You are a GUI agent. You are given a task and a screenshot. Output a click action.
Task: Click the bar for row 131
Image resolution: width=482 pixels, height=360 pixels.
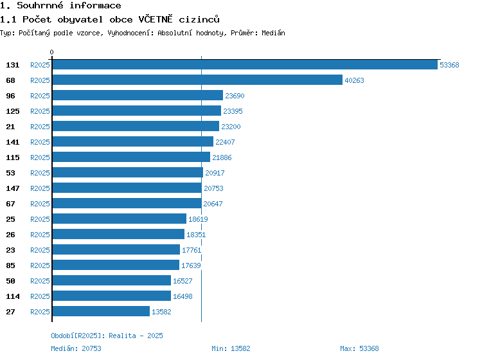pyautogui.click(x=245, y=64)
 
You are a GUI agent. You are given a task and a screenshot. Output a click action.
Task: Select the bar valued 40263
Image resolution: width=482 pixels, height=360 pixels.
pyautogui.click(x=197, y=80)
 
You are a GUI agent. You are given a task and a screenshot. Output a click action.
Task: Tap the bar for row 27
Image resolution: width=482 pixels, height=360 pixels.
pyautogui.click(x=101, y=311)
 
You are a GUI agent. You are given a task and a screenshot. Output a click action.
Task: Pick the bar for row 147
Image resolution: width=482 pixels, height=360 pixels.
pyautogui.click(x=127, y=188)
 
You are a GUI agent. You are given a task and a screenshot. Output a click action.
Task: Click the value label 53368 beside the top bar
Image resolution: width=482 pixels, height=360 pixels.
pyautogui.click(x=449, y=65)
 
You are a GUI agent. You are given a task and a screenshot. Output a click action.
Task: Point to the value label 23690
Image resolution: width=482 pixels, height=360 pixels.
pyautogui.click(x=235, y=96)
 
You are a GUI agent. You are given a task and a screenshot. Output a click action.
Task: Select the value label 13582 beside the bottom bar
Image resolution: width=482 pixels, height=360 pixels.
pyautogui.click(x=161, y=312)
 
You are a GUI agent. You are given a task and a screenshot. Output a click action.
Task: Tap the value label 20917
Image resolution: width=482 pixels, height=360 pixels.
pyautogui.click(x=215, y=173)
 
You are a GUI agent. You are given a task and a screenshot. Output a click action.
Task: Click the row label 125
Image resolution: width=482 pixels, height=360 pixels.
pyautogui.click(x=13, y=111)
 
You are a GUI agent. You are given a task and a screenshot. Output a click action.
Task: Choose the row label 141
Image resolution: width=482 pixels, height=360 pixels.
pyautogui.click(x=13, y=142)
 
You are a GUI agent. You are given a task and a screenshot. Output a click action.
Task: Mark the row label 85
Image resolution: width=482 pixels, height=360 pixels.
pyautogui.click(x=10, y=265)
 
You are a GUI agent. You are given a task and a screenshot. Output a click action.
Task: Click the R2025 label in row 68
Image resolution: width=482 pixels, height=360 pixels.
pyautogui.click(x=40, y=80)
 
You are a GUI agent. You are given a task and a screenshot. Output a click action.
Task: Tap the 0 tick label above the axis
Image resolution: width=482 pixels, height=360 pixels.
pyautogui.click(x=51, y=52)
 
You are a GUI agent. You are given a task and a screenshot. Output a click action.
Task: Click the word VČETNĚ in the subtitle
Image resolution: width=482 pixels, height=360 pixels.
pyautogui.click(x=156, y=19)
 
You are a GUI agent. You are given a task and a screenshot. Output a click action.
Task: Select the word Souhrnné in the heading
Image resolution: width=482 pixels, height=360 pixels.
pyautogui.click(x=40, y=6)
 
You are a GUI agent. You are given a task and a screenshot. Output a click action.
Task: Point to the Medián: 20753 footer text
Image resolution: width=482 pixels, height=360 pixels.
pyautogui.click(x=76, y=348)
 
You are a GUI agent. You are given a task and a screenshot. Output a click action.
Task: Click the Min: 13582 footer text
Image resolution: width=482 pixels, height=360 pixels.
pyautogui.click(x=231, y=348)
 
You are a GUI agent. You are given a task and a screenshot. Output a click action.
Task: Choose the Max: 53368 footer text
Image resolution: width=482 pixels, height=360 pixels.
pyautogui.click(x=359, y=348)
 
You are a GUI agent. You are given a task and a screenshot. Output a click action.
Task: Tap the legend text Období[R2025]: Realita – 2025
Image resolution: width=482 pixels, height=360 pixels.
pyautogui.click(x=107, y=336)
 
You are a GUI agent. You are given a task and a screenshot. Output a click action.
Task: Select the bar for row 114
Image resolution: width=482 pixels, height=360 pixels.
pyautogui.click(x=112, y=296)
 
